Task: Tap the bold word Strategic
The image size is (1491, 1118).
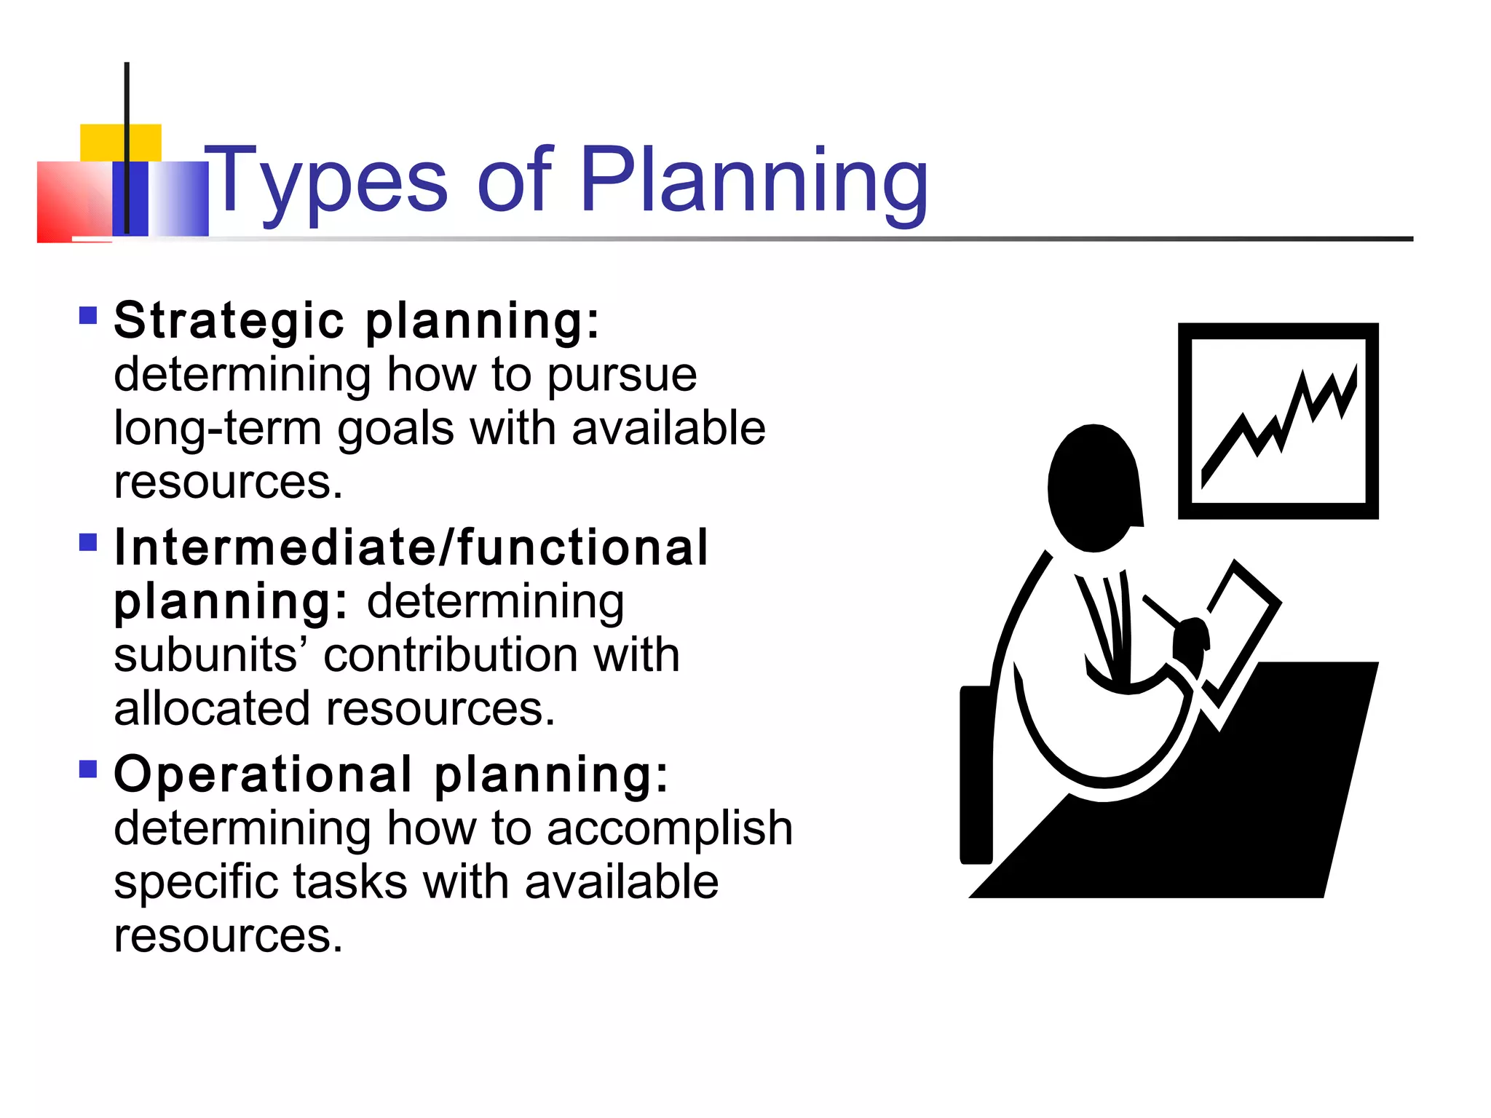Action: point(229,320)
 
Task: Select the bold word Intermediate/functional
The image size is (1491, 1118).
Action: point(411,547)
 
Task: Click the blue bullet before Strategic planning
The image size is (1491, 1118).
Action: point(88,315)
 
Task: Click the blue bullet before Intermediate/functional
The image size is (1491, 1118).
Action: point(88,542)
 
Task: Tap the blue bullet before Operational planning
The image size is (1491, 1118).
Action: point(88,769)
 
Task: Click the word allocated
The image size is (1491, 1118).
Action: point(212,709)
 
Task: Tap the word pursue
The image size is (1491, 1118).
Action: point(622,375)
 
